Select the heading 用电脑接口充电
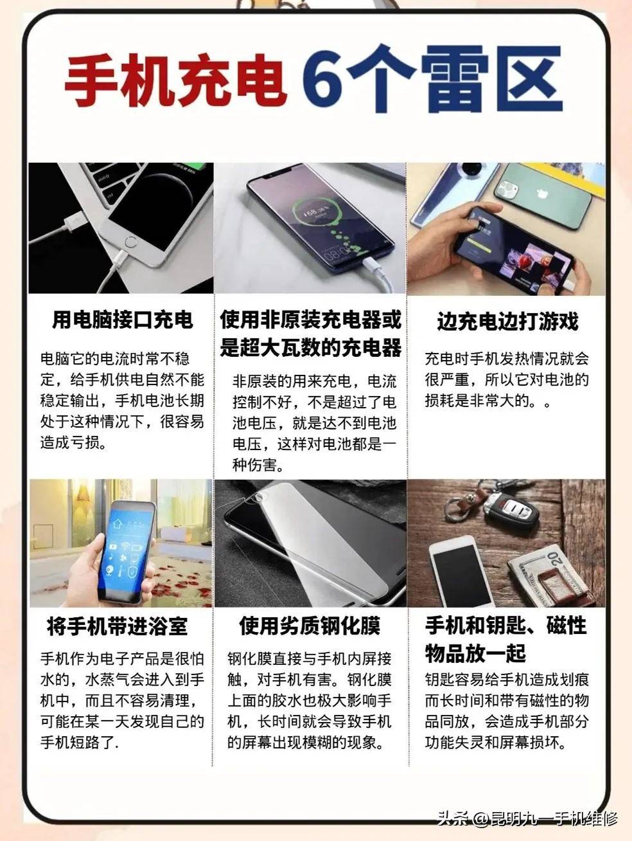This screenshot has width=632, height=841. click(x=122, y=320)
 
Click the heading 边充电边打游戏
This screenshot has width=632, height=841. click(x=507, y=321)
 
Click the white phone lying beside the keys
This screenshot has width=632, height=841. click(x=459, y=572)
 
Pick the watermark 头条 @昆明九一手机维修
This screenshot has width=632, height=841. click(x=527, y=818)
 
